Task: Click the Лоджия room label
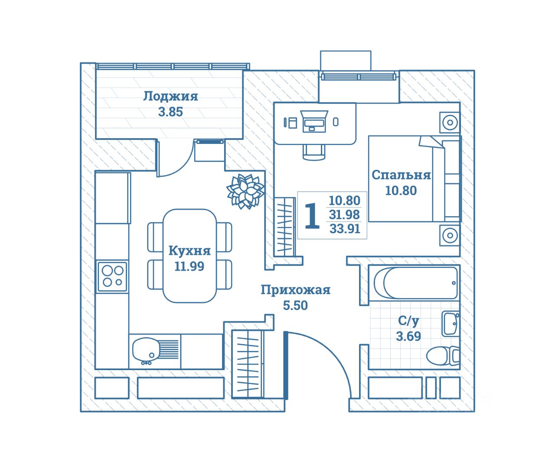171,96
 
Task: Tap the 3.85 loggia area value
171,112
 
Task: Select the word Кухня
189,251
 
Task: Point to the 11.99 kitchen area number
189,266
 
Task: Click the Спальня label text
401,175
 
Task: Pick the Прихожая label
296,290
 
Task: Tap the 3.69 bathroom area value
408,336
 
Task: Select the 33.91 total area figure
345,229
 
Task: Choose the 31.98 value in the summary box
344,215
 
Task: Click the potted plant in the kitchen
245,191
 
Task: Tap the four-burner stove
112,277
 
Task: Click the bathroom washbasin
451,324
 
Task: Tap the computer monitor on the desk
314,122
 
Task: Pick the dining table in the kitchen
189,256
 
